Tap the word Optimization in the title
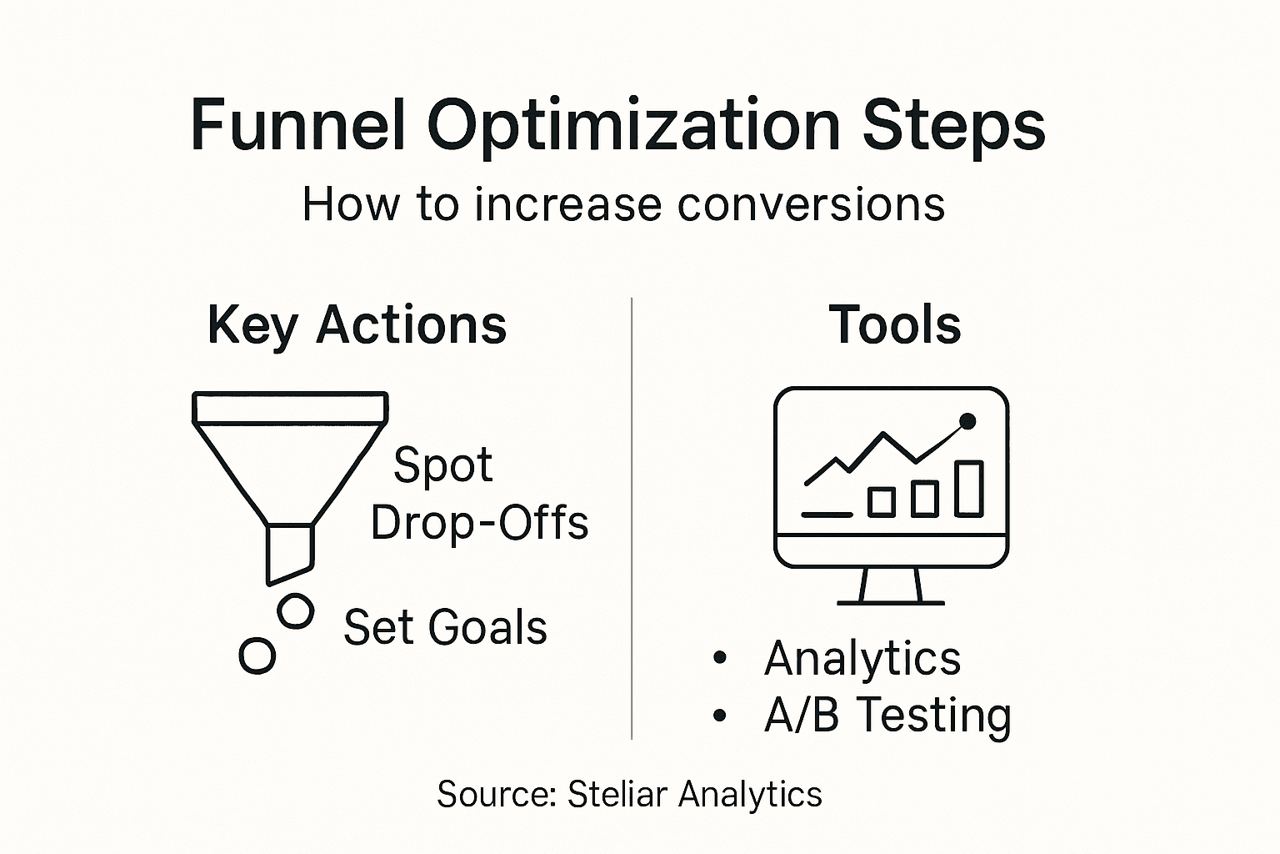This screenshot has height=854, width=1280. click(x=633, y=127)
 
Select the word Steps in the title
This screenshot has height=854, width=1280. click(x=953, y=127)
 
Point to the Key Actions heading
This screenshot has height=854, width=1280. click(x=357, y=324)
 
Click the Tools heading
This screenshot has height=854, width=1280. click(x=894, y=324)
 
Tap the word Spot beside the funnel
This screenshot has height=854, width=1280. click(x=442, y=465)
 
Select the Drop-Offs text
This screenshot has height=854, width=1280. click(x=479, y=524)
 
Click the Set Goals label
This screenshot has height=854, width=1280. click(x=445, y=627)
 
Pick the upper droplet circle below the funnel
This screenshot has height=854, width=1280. click(x=295, y=611)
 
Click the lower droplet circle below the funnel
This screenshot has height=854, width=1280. click(x=257, y=656)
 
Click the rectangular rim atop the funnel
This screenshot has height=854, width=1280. click(x=290, y=407)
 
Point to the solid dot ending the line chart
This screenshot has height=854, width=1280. click(x=967, y=422)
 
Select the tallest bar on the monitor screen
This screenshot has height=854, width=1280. click(x=968, y=488)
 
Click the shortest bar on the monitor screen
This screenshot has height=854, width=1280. click(x=881, y=502)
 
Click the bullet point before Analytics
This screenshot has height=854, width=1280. click(x=720, y=659)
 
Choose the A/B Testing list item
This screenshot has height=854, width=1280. click(x=887, y=716)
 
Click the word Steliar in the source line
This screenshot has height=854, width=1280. click(x=617, y=794)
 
